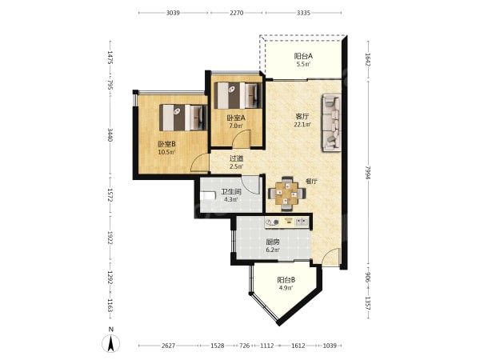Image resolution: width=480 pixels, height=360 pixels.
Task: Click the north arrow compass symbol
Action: click(x=111, y=343)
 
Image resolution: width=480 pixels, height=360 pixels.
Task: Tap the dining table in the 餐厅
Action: click(x=286, y=194)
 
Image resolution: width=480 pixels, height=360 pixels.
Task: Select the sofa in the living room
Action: click(x=331, y=122)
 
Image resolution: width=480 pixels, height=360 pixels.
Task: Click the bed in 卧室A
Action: click(x=238, y=95)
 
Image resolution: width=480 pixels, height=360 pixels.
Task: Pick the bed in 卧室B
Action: click(x=183, y=118)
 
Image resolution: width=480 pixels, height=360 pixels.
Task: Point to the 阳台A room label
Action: click(x=303, y=56)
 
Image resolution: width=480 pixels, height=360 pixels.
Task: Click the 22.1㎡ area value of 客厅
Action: click(x=302, y=125)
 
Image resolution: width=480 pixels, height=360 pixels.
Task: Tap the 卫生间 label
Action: click(x=231, y=192)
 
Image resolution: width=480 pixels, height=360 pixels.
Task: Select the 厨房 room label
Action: click(x=273, y=242)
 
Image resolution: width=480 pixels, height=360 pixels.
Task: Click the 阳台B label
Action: click(x=286, y=280)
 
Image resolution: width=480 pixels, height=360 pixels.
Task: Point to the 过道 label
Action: click(x=236, y=158)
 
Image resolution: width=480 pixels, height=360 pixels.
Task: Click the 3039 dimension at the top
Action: click(x=173, y=13)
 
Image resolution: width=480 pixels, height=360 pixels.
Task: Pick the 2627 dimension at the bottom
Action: click(x=168, y=346)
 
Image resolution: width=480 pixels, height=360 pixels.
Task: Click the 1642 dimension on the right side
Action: click(x=368, y=60)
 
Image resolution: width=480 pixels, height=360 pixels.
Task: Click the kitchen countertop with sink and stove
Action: click(x=287, y=222)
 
